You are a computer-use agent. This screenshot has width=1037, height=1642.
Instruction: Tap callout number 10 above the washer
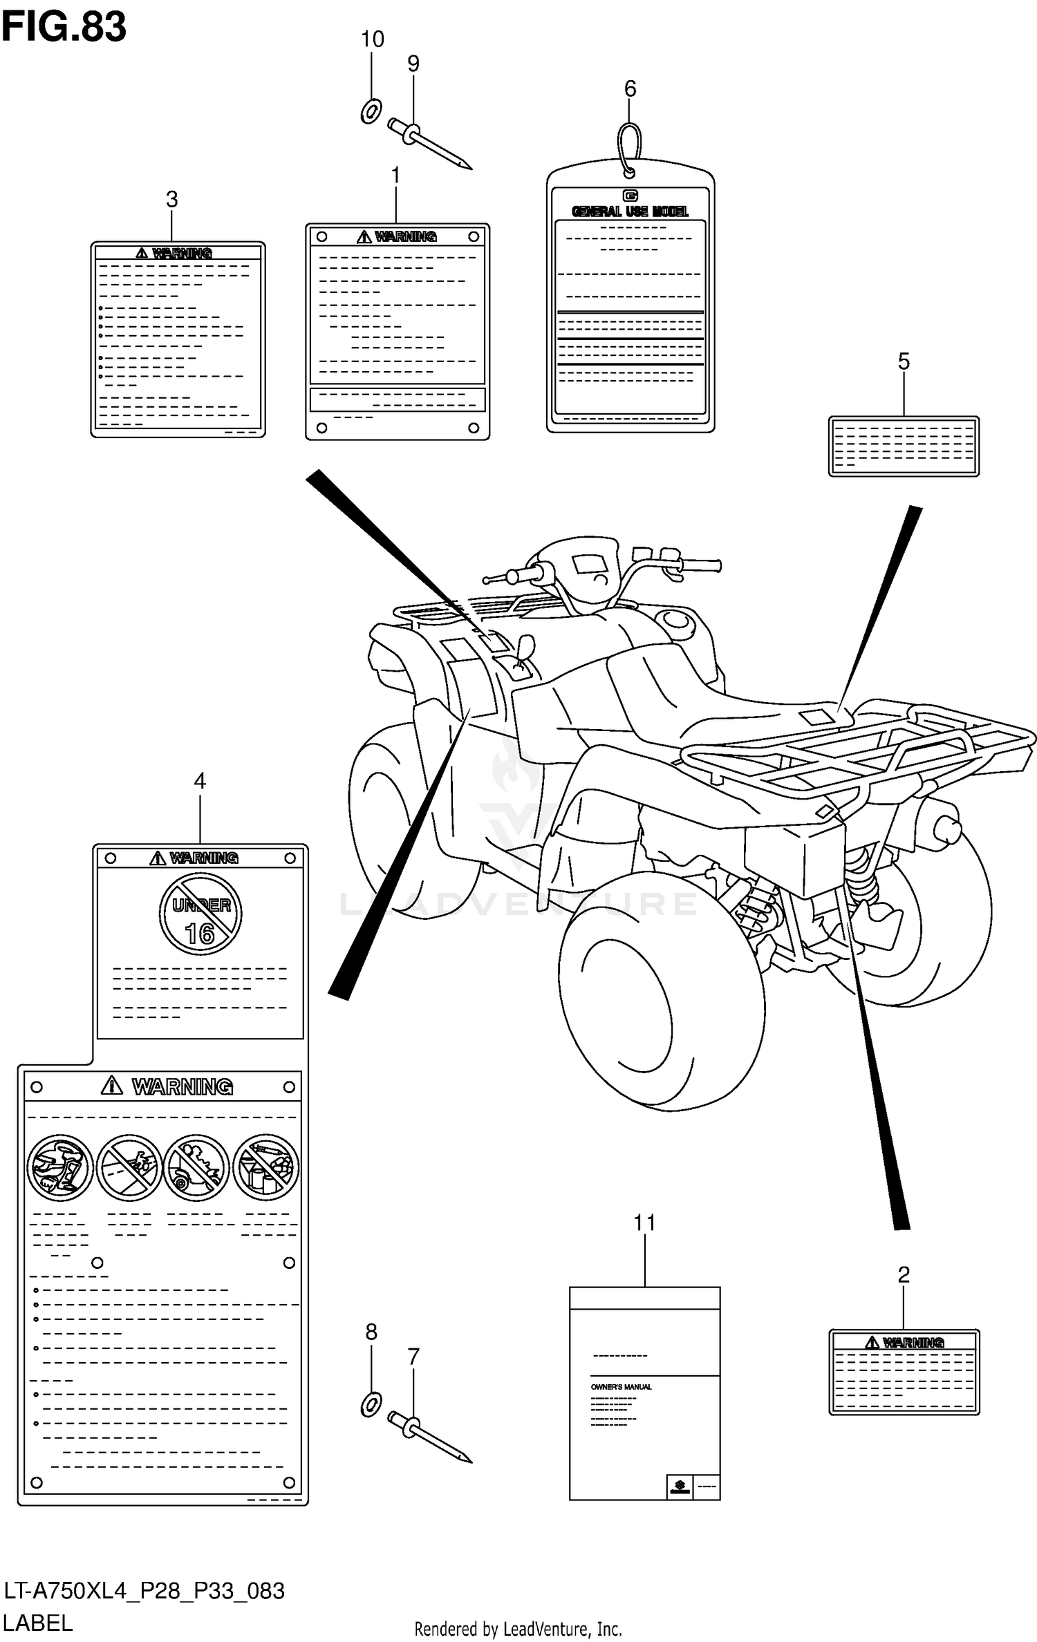[x=372, y=39]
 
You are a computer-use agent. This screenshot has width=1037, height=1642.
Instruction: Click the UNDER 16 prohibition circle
[x=200, y=914]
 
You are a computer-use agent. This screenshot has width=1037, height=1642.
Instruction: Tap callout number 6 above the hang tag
[x=630, y=88]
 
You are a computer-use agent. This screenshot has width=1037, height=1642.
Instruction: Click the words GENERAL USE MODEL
[x=630, y=211]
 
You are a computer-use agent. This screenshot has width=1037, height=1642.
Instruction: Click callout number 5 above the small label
[x=904, y=361]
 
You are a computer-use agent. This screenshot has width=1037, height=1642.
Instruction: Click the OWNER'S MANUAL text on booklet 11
[x=621, y=1387]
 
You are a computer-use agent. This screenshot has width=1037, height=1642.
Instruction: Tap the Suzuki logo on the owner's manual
[x=679, y=1486]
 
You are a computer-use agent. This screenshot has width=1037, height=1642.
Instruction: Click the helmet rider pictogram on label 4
[x=60, y=1167]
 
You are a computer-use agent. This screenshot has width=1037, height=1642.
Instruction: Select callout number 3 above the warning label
[x=171, y=200]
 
